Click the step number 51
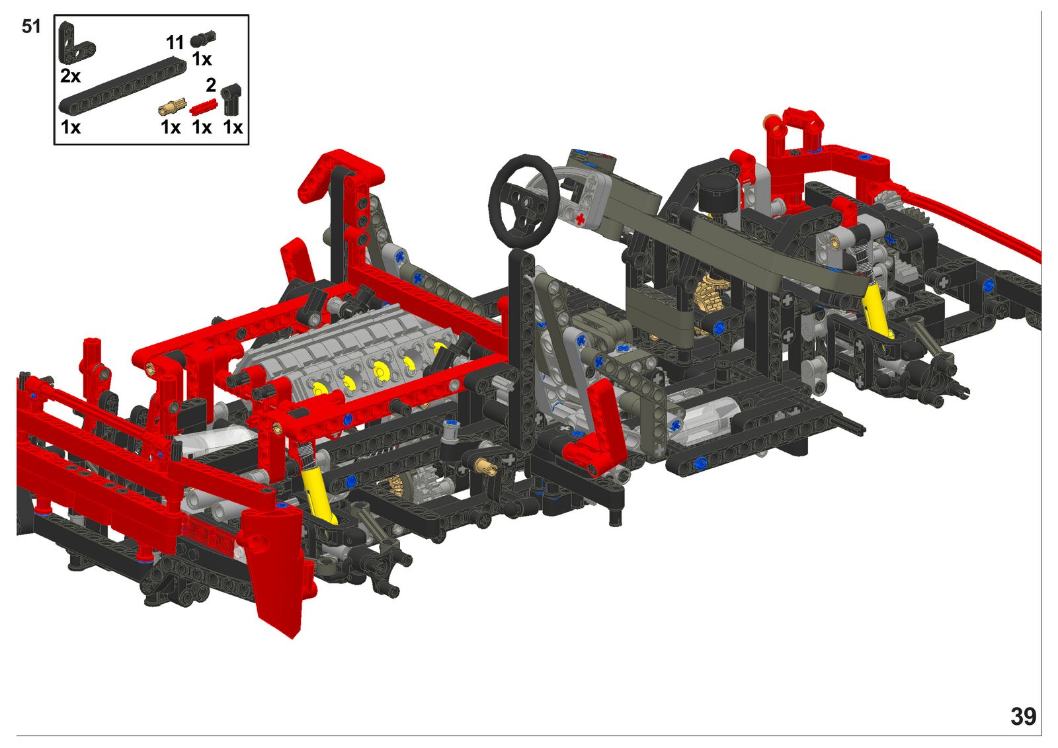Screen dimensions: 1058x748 point(31,26)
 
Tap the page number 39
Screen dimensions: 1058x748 point(1023,717)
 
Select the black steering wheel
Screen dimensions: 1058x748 point(524,201)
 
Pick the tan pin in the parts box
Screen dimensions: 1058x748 point(172,106)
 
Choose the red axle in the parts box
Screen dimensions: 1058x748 point(203,106)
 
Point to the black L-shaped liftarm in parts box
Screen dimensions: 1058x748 point(75,44)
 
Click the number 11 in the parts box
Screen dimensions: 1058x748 point(175,43)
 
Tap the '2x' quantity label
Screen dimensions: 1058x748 point(70,75)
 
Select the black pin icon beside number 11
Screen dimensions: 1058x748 point(202,39)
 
